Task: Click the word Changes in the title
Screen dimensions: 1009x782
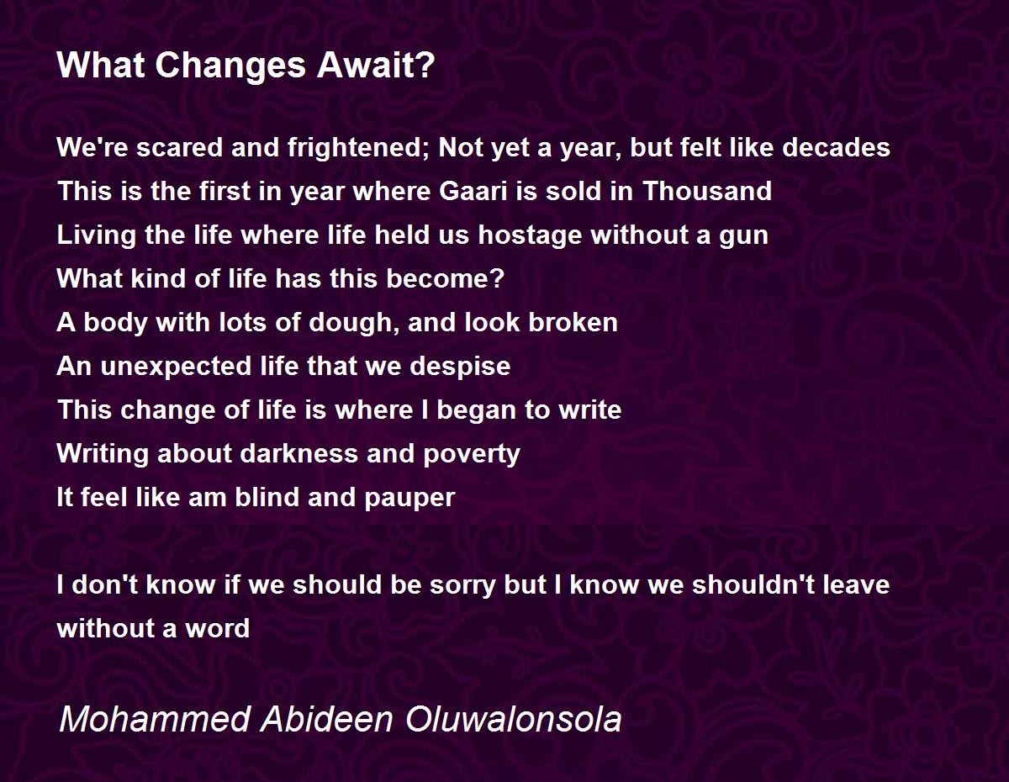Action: pos(230,66)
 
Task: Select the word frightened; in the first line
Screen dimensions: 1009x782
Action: pos(359,149)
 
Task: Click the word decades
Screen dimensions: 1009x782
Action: pos(836,147)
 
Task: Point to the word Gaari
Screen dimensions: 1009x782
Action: pos(473,191)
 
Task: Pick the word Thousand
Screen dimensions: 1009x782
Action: pos(707,191)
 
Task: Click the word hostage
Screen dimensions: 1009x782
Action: pos(530,235)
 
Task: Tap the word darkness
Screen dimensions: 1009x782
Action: pos(299,453)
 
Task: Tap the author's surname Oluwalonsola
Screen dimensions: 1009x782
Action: pos(513,720)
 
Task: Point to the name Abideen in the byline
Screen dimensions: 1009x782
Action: pos(327,720)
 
